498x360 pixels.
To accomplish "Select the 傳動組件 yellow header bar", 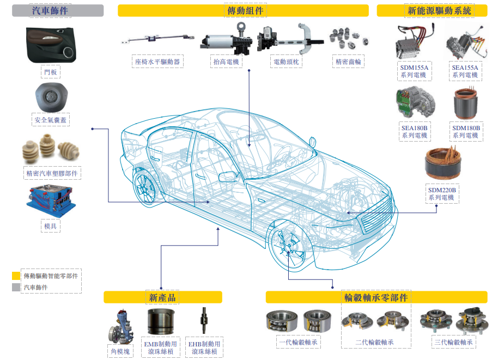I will (245, 10).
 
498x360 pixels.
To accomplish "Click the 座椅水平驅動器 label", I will (157, 62).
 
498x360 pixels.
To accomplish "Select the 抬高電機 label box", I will (226, 62).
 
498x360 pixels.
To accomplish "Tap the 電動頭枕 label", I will (287, 62).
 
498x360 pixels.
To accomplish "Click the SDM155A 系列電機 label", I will (413, 71).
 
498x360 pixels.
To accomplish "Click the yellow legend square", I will (16, 276).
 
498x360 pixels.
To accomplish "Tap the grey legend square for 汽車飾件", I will (16, 287).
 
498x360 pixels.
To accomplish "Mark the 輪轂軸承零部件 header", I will (376, 297).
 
